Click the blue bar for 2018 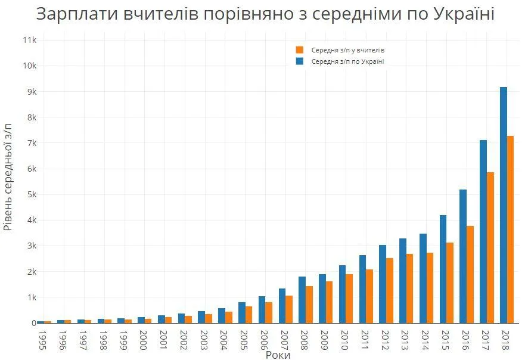pos(504,205)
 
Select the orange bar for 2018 pos(511,229)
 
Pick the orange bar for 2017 pos(490,247)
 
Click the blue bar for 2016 pos(463,256)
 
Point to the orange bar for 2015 pos(450,283)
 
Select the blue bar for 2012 pos(383,284)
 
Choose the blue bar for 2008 pos(302,300)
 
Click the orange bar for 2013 pos(410,288)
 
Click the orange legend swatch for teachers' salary pos(300,50)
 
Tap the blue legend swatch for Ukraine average pos(300,61)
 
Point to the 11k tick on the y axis pos(30,40)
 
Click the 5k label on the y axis pos(32,194)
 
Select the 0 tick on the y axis pos(34,323)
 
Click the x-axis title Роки pos(278,355)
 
